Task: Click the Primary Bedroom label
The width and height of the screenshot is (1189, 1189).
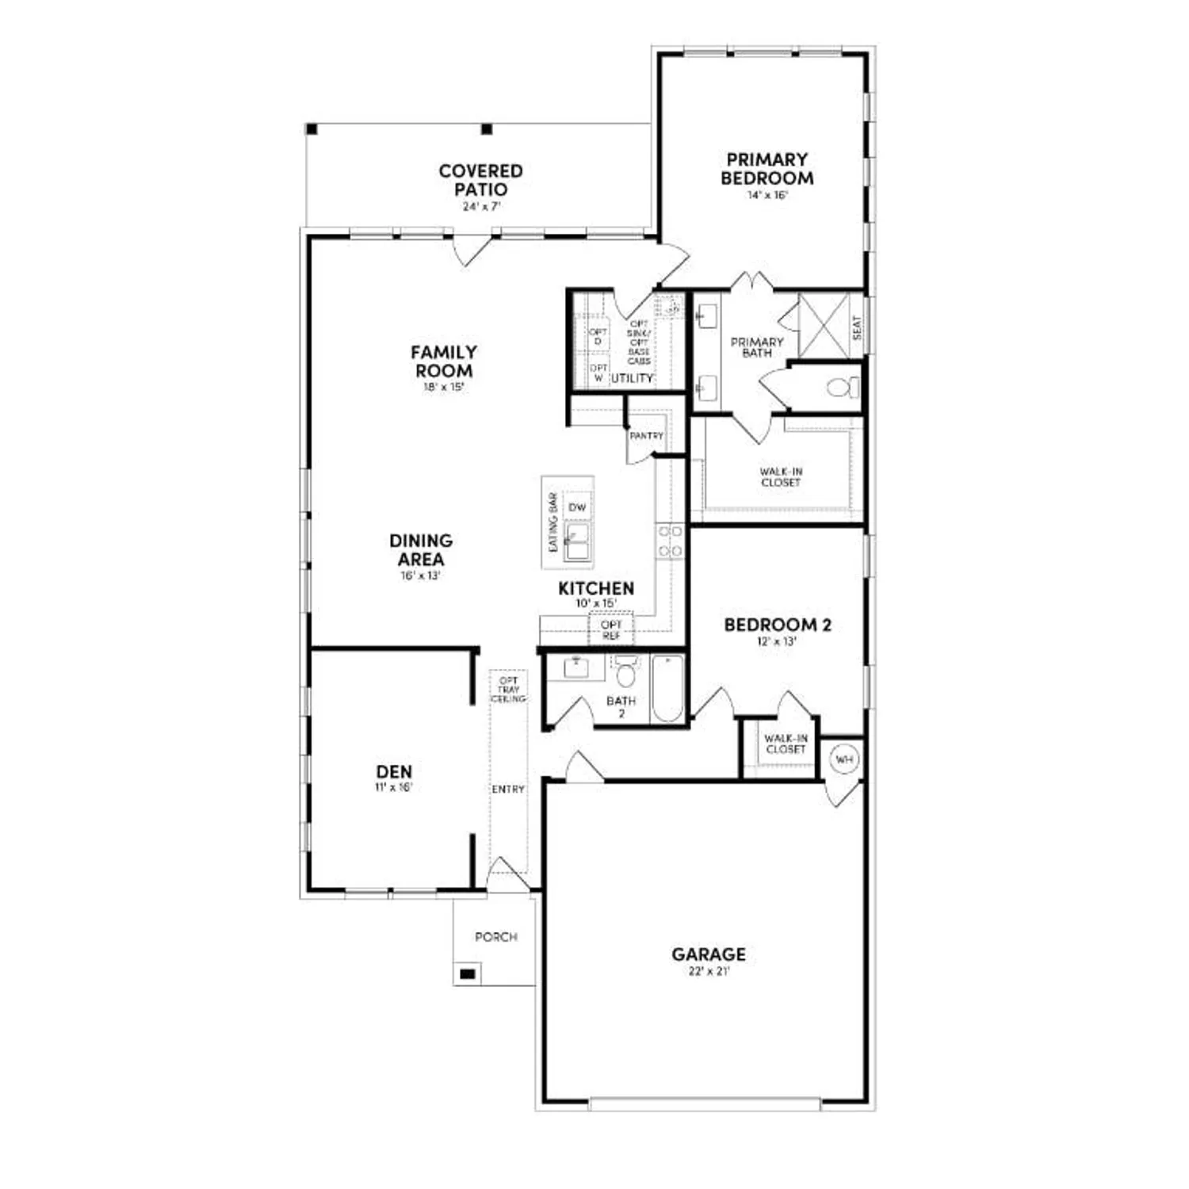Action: [767, 169]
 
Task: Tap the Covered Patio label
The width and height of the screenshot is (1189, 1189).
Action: [480, 180]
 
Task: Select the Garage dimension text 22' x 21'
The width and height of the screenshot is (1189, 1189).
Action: [709, 971]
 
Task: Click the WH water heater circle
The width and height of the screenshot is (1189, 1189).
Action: [844, 759]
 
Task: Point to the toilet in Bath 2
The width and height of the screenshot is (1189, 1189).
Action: [626, 673]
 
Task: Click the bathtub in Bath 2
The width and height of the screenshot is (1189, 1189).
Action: [667, 687]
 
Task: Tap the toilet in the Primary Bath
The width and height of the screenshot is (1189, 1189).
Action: [842, 388]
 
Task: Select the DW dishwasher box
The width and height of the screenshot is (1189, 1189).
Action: [577, 507]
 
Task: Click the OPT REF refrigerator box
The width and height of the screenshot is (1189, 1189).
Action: [611, 630]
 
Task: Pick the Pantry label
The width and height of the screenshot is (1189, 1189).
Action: [646, 436]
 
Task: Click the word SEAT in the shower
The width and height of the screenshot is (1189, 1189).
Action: [856, 327]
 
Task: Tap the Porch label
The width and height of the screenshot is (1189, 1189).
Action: [496, 937]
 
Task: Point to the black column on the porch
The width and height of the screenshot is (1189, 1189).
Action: [468, 973]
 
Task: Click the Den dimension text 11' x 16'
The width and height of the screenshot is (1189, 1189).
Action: [394, 787]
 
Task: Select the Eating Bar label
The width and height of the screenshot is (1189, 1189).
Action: [553, 522]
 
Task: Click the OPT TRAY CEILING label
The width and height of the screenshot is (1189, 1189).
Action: [509, 690]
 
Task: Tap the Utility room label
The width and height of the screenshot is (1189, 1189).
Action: [632, 378]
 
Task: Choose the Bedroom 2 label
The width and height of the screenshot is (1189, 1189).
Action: [778, 625]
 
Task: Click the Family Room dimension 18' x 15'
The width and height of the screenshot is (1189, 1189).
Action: [444, 388]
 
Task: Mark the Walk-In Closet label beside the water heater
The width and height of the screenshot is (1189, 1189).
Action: [786, 744]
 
